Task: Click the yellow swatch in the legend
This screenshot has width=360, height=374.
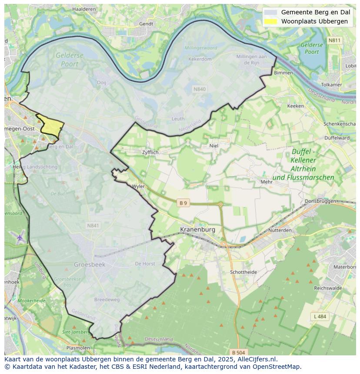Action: coord(270,21)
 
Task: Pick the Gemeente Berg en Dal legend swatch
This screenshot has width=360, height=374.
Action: coord(270,12)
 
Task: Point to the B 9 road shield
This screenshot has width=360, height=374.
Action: coord(183,203)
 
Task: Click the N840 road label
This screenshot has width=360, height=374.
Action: coord(199,89)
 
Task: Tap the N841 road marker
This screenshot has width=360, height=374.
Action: coord(93,225)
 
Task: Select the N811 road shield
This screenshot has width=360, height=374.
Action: coord(334,40)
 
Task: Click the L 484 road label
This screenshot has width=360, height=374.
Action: coord(320,316)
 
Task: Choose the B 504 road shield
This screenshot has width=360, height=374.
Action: coord(238,352)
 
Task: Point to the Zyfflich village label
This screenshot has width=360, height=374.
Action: coord(150,152)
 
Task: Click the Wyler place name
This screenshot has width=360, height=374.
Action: coord(138,186)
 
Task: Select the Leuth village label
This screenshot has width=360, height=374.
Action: coord(178,119)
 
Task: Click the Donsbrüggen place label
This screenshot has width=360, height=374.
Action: coord(320,201)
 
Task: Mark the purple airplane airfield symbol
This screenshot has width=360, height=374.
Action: coord(20,238)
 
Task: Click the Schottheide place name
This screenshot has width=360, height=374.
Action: coord(243,272)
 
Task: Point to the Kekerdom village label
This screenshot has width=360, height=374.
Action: coord(200,59)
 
